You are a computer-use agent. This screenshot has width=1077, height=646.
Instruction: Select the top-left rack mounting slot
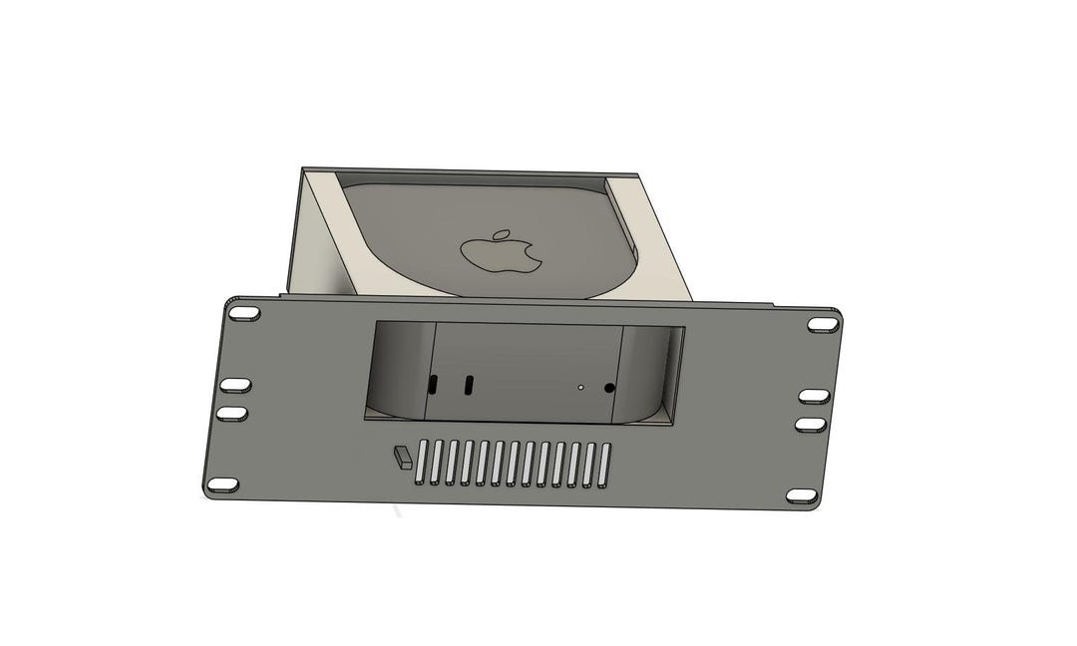tap(243, 313)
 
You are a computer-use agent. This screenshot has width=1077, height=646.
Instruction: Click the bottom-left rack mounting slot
tap(222, 484)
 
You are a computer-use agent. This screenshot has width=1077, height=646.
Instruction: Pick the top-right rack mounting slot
tap(822, 325)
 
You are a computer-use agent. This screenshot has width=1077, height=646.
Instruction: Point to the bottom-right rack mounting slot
tap(802, 495)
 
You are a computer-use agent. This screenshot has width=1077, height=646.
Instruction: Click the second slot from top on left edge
tap(235, 385)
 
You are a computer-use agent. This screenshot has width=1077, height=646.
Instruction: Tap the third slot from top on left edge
tap(232, 412)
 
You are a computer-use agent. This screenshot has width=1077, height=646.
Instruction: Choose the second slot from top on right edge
tap(814, 397)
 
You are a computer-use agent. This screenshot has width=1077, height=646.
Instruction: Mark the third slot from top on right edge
tap(812, 425)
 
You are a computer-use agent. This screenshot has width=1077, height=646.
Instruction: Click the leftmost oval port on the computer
tap(433, 384)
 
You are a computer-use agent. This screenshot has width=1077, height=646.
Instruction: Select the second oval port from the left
tap(469, 385)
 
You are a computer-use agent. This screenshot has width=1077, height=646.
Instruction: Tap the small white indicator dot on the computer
tap(580, 387)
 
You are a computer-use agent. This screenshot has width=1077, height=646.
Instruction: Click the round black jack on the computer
tap(609, 388)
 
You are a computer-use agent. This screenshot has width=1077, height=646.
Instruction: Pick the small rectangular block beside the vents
tap(403, 457)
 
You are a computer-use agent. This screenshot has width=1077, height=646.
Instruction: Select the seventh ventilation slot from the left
tap(512, 465)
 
